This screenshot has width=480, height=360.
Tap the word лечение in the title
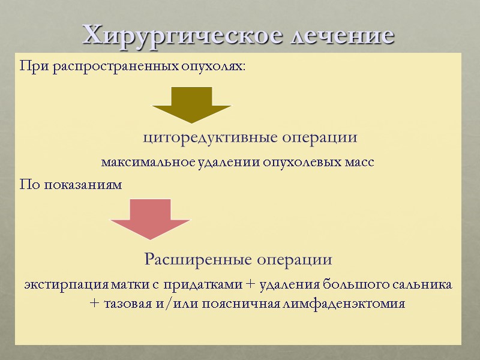pyautogui.click(x=343, y=35)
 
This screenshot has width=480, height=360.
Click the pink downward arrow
pyautogui.click(x=151, y=218)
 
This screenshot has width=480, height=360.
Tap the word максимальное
pyautogui.click(x=139, y=162)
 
